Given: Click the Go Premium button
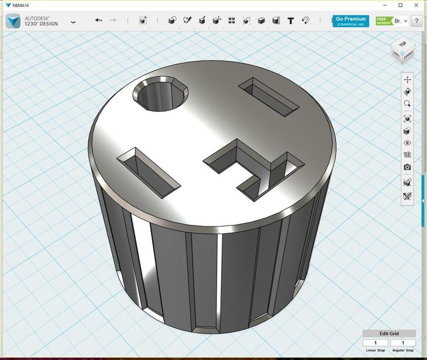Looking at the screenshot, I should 351,21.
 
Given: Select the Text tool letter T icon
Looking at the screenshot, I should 291,21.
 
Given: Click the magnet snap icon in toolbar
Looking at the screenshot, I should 306,21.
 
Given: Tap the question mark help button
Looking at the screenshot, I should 417,21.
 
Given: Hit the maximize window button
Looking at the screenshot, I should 401,5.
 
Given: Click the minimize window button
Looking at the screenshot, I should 384,5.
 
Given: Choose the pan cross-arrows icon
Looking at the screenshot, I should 407,80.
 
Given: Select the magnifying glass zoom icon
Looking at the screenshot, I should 407,104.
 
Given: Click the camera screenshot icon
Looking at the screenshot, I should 407,167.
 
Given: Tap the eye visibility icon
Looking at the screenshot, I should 407,143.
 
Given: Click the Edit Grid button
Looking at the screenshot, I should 389,334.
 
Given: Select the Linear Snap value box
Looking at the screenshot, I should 376,343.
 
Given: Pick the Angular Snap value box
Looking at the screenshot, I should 402,343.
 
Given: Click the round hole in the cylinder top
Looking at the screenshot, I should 160,94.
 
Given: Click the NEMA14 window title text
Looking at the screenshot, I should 21,5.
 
